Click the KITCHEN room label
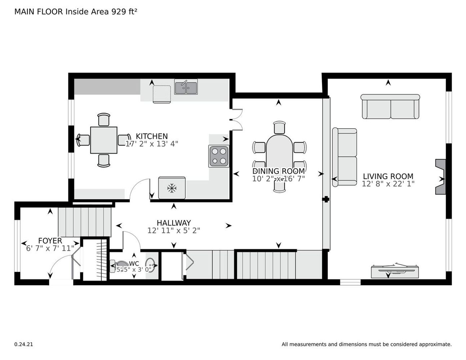152,136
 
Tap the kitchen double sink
186,87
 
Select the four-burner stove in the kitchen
219,156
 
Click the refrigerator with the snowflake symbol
172,188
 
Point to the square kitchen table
104,140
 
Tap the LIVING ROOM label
388,176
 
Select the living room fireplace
440,177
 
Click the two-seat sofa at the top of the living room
390,106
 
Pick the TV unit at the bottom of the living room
395,272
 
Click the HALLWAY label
174,223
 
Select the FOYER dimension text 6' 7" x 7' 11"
50,248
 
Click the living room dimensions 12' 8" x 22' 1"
388,184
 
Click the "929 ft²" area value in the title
124,12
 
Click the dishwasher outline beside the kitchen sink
162,94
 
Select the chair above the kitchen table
104,120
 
